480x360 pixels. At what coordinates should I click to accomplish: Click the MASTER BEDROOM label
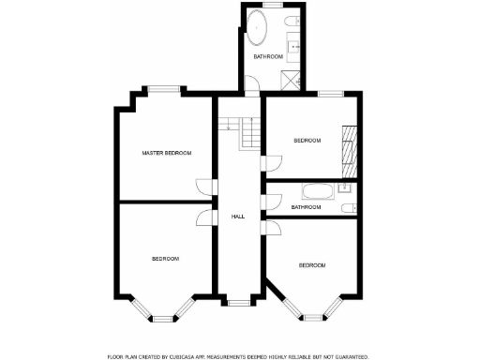tap(167, 153)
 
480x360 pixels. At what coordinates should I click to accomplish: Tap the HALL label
tap(238, 217)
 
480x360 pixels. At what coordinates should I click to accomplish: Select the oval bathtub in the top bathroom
tap(258, 32)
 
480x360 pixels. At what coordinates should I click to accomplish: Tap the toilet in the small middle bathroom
tap(347, 207)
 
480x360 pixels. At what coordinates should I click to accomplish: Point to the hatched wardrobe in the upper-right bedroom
tap(349, 147)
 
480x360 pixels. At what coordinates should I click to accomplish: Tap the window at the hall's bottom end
tap(238, 301)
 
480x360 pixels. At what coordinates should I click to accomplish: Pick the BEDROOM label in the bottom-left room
tap(165, 258)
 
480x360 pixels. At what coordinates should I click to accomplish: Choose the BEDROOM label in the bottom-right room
tap(311, 265)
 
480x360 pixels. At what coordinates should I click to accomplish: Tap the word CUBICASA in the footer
tap(190, 357)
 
